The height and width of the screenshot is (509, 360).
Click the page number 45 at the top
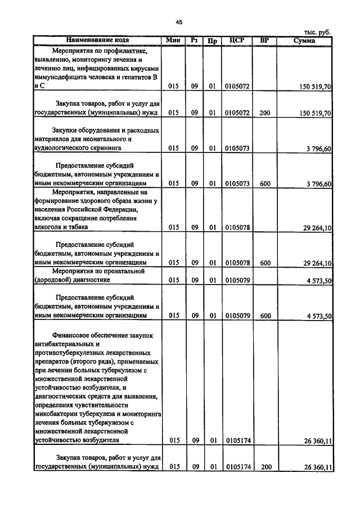(179, 22)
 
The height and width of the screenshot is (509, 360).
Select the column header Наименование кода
(97, 40)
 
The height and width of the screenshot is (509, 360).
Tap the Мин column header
(173, 40)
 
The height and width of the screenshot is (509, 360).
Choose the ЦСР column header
(236, 40)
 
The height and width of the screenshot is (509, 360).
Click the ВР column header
(265, 40)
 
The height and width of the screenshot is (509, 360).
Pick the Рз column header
(194, 40)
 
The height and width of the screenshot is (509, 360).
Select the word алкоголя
(49, 227)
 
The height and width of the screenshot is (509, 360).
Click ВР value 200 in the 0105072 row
(265, 113)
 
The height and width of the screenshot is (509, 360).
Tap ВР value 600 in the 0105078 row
(265, 263)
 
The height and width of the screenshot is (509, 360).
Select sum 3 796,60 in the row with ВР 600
(319, 184)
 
